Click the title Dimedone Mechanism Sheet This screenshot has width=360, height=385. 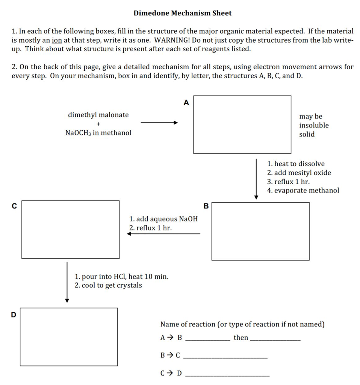[183, 13]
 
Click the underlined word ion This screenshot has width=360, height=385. [56, 40]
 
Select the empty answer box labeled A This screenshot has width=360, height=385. [242, 124]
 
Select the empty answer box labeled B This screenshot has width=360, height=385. [260, 231]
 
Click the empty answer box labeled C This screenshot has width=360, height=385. [70, 229]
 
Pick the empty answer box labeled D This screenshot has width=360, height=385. [69, 337]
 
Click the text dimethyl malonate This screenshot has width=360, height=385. [98, 115]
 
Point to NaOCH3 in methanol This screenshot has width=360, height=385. [98, 133]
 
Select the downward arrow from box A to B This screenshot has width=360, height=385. [256, 179]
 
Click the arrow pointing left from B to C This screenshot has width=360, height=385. [163, 234]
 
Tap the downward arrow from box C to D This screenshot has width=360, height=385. [67, 282]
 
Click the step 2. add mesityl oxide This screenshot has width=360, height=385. [299, 173]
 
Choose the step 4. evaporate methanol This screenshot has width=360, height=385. [303, 190]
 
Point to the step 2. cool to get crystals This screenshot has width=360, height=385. [108, 285]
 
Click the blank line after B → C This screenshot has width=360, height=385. [227, 358]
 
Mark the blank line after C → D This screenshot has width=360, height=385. [228, 376]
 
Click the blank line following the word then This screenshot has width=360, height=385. [275, 340]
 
